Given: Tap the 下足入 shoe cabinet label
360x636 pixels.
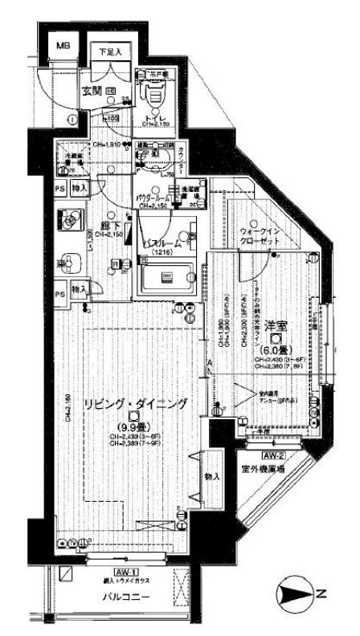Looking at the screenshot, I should pos(110,53).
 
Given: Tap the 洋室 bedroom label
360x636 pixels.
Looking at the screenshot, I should pos(276,326).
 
